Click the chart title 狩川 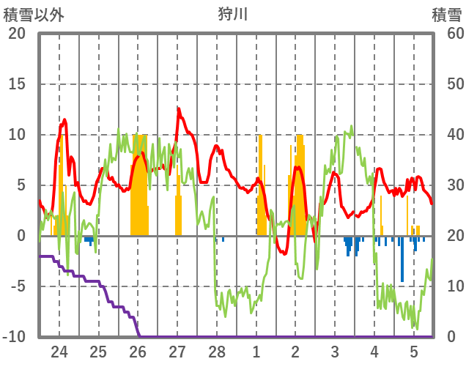coord(234,14)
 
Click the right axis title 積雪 coord(445,14)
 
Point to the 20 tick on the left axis coord(17,34)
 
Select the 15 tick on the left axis coord(17,84)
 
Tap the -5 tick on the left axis coord(17,286)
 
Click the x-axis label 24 coord(59,352)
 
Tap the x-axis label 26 coord(138,352)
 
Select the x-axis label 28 coord(217,352)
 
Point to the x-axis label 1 coord(256,352)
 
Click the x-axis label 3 coord(335,352)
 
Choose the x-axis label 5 coord(414,352)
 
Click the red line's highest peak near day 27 coord(178,108)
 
